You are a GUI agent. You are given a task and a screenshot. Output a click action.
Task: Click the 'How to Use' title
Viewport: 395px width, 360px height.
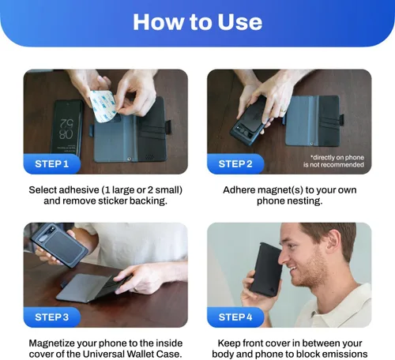[197, 22]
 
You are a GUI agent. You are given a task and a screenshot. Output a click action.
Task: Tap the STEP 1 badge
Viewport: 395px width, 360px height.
[52, 164]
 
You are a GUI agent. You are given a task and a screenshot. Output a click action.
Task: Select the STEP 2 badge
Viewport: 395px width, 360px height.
[235, 164]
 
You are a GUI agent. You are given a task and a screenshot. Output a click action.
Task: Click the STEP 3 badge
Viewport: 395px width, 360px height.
[52, 317]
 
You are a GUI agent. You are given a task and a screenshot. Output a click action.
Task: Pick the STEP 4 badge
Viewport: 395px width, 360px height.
[235, 317]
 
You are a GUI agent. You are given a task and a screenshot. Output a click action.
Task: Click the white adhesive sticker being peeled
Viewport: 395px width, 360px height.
[103, 106]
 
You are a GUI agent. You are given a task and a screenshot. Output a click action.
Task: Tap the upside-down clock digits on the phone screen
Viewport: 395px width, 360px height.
[66, 129]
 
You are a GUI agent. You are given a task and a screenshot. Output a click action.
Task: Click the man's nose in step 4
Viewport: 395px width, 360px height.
[284, 257]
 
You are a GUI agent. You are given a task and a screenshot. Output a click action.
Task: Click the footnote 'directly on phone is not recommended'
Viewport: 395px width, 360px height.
[333, 161]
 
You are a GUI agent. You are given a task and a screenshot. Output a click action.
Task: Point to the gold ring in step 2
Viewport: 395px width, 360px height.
[283, 110]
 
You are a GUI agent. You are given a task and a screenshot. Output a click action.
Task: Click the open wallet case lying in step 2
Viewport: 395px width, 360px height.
[314, 121]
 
